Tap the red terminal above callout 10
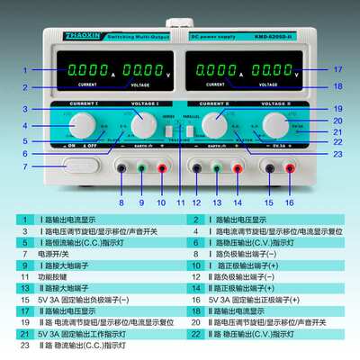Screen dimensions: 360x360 pyautogui.click(x=162, y=167)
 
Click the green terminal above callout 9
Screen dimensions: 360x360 pyautogui.click(x=142, y=167)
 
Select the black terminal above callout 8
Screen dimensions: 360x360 pyautogui.click(x=121, y=167)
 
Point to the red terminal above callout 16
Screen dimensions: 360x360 pyautogui.click(x=290, y=167)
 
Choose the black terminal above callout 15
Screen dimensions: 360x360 pyautogui.click(x=270, y=167)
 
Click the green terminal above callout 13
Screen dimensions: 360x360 pyautogui.click(x=217, y=167)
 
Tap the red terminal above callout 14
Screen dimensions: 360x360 pyautogui.click(x=238, y=167)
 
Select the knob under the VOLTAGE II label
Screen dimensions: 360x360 pyautogui.click(x=274, y=122)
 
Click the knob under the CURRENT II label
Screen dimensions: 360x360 pyautogui.click(x=215, y=122)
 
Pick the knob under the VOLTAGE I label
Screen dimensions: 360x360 pyautogui.click(x=143, y=122)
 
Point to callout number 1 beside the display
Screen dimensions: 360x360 pyautogui.click(x=25, y=69)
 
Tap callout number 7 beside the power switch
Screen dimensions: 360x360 pyautogui.click(x=25, y=167)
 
